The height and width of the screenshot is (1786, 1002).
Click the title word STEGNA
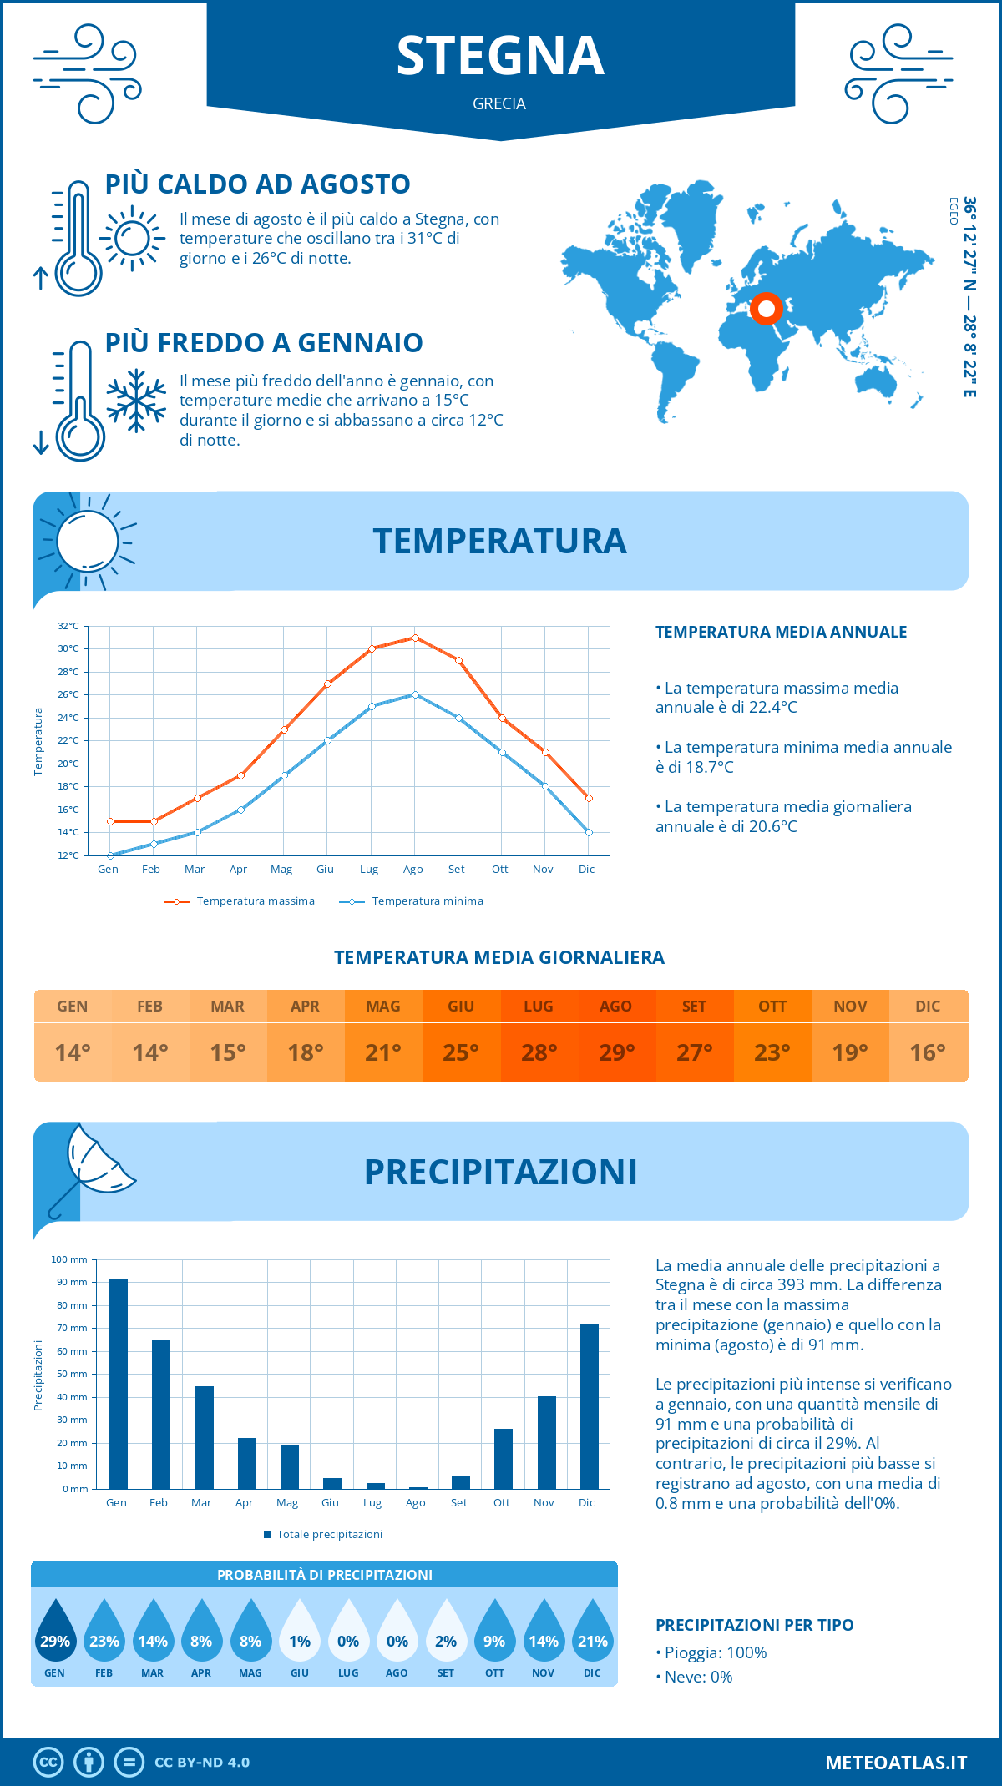coord(500,56)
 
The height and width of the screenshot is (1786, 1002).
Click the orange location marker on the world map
coord(766,308)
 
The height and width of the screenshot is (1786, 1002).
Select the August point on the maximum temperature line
coord(415,638)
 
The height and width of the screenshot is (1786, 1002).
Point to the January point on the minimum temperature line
coord(110,855)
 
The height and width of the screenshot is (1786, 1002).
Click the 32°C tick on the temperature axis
coord(68,626)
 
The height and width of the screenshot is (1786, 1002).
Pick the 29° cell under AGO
coord(616,1052)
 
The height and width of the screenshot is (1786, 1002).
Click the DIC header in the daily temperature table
coord(928,1007)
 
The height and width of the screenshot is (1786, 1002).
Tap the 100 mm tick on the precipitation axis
coord(69,1259)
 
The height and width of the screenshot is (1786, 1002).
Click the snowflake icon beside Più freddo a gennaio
coord(136,401)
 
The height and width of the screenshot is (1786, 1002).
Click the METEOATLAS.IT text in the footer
coord(895,1762)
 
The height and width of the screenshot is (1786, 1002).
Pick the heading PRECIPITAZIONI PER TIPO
coord(754,1625)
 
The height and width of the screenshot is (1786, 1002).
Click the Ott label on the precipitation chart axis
coord(501,1502)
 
